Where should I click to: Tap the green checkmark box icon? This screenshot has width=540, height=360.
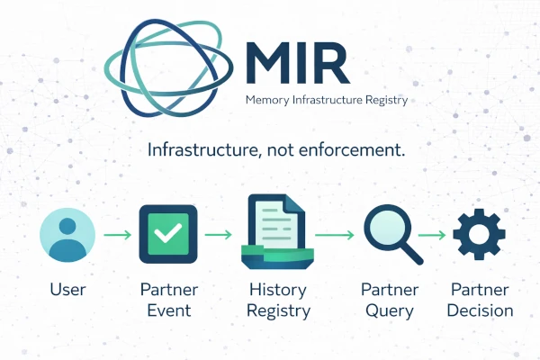coord(167,235)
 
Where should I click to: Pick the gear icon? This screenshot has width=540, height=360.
coord(478,234)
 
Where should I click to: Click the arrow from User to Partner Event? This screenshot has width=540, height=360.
coord(116,236)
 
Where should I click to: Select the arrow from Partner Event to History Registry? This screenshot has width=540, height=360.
coord(218,236)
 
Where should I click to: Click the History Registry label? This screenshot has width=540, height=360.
coord(280,301)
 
